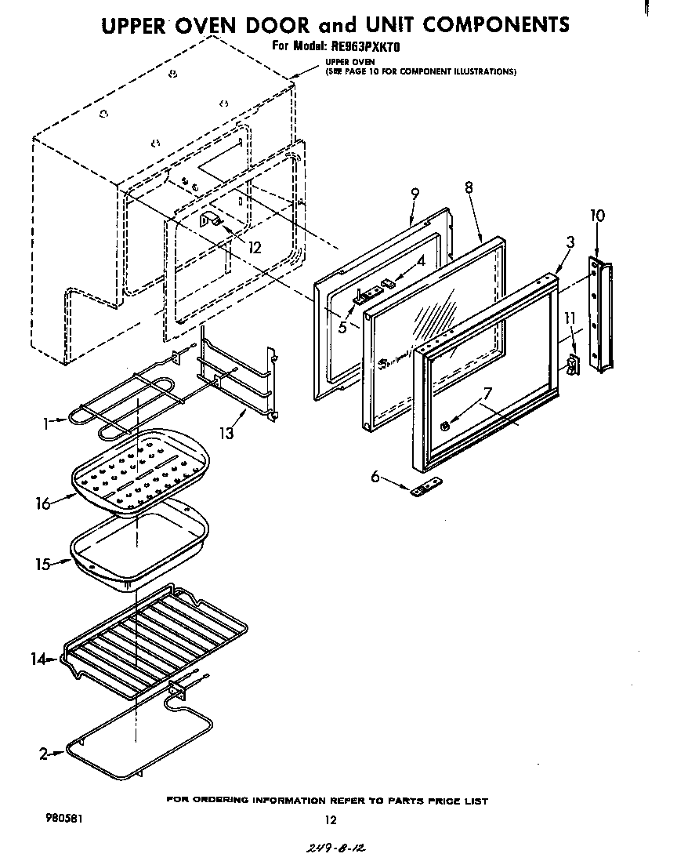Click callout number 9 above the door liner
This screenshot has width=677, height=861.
click(415, 194)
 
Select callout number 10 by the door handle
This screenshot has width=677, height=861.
click(597, 216)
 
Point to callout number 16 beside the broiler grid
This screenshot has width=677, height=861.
click(42, 504)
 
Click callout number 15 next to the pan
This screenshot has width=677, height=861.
click(42, 564)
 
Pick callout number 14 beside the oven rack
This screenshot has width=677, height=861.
click(38, 659)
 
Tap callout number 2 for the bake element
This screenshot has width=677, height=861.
click(44, 754)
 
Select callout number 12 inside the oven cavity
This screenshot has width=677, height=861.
click(254, 248)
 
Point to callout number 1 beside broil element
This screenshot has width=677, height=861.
click(47, 423)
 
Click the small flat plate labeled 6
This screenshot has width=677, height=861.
click(422, 490)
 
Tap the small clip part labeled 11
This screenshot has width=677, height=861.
click(573, 363)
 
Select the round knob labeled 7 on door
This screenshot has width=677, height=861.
click(444, 426)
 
